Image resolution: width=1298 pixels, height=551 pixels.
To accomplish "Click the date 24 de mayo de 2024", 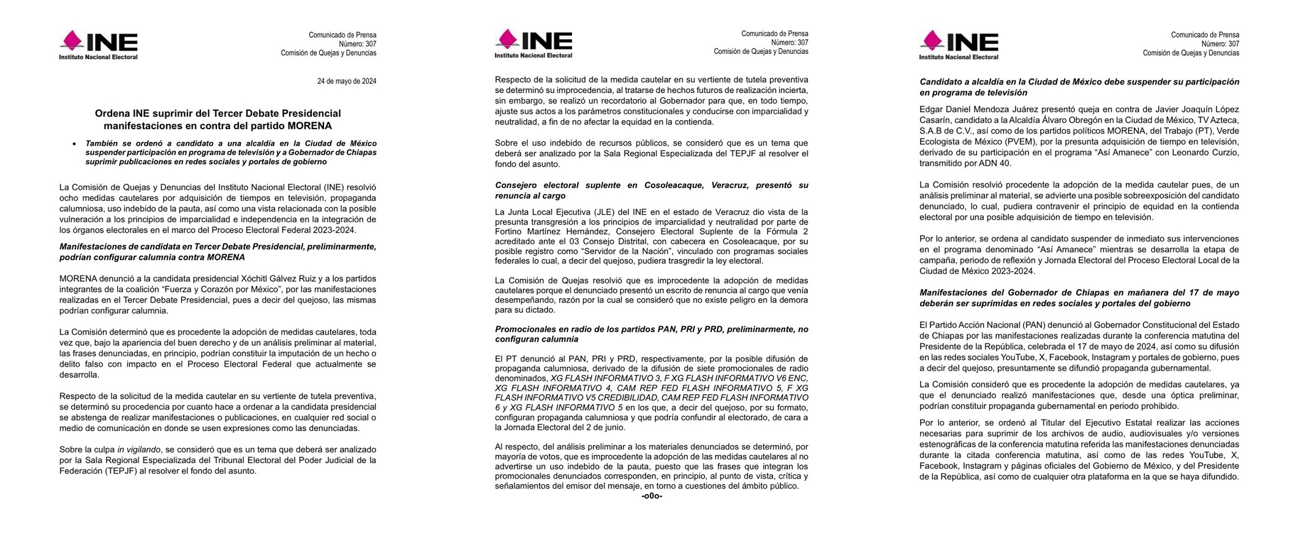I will pyautogui.click(x=346, y=81).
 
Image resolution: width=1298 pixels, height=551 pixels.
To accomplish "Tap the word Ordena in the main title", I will pyautogui.click(x=111, y=113).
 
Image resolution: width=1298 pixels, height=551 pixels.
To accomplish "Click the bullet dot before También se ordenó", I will pyautogui.click(x=74, y=144).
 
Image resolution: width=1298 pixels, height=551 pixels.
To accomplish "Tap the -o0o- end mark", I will pyautogui.click(x=651, y=496).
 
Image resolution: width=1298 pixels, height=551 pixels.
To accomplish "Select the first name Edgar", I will pyautogui.click(x=931, y=110).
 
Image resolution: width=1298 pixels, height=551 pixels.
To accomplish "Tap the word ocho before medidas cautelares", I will pyautogui.click(x=70, y=198).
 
